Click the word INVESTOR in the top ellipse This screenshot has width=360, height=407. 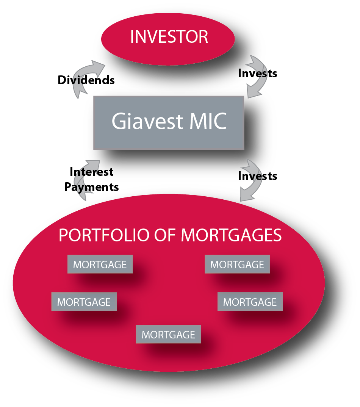pos(169,37)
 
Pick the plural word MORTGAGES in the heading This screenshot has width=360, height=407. pos(231,235)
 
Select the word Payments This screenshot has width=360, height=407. pos(91,187)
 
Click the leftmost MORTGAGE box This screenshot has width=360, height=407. pos(84,302)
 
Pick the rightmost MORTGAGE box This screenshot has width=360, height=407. pos(250,302)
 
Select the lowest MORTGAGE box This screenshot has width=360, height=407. pos(168,335)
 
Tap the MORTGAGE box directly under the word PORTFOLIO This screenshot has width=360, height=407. pos(100,264)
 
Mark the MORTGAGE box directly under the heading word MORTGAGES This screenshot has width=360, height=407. pos(237,264)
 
